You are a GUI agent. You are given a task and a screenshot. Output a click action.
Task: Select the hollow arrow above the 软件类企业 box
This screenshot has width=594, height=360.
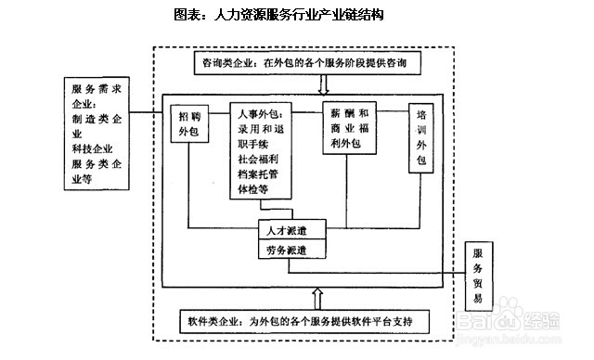click(317, 298)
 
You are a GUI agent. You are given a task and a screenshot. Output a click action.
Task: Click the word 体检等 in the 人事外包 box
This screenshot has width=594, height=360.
click(253, 189)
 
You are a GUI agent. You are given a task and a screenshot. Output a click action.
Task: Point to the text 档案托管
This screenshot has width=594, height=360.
click(261, 174)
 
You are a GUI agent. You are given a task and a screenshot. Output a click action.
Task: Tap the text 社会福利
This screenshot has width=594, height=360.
click(261, 159)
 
